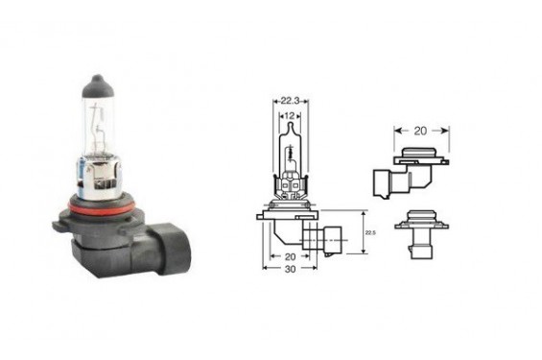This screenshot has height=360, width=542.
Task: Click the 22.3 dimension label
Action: [x=291, y=98]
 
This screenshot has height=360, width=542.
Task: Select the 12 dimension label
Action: [x=291, y=116]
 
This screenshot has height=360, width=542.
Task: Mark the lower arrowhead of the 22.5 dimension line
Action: [x=362, y=252]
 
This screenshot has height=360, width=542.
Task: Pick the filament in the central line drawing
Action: [x=291, y=158]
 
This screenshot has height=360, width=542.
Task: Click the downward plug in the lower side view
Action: [x=419, y=250]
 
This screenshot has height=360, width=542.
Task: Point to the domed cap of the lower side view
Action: [x=420, y=216]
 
